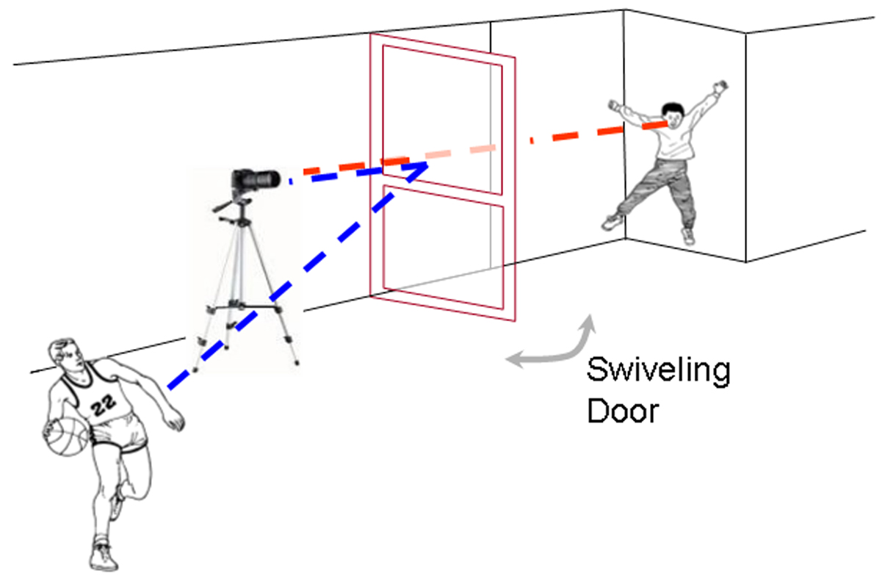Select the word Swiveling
tap(658, 372)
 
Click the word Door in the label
tap(623, 411)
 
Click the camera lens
tap(269, 178)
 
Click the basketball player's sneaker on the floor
tap(104, 556)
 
